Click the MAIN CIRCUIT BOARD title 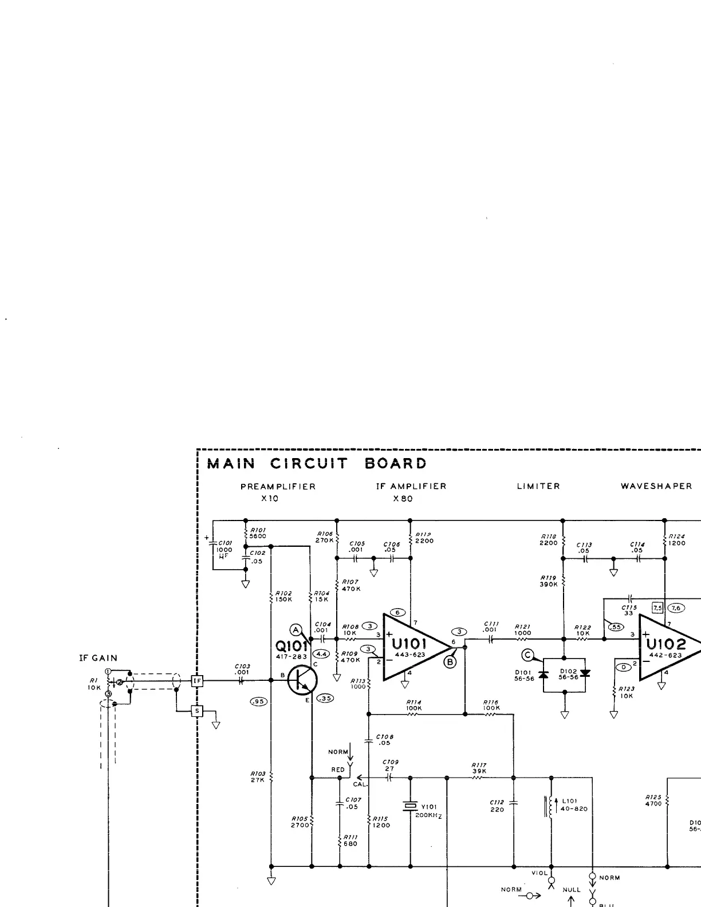tap(317, 463)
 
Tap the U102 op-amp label tap(665, 645)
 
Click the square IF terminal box tap(197, 681)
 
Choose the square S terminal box tap(197, 711)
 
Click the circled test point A tap(296, 630)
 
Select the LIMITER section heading tap(538, 486)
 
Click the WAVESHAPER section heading tap(656, 486)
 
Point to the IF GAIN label tap(98, 658)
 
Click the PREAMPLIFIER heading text tap(278, 486)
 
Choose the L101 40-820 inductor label tap(574, 805)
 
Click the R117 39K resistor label tap(479, 768)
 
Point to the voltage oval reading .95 tap(259, 701)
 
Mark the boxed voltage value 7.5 tap(657, 608)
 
